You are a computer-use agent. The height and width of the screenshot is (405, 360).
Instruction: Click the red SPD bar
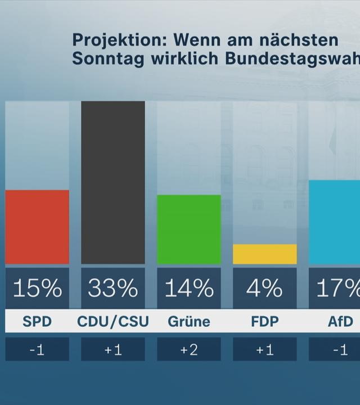point(37,227)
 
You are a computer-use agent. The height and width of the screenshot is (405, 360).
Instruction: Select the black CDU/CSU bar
point(113,182)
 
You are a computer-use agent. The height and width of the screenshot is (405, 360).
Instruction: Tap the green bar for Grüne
point(188,229)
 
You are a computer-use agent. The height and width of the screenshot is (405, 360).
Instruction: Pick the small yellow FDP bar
point(264,254)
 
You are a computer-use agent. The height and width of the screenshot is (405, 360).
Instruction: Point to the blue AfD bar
point(335,222)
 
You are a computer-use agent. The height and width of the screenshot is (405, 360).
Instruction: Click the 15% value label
point(37,289)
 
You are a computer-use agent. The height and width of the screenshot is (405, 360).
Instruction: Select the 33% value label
point(113,289)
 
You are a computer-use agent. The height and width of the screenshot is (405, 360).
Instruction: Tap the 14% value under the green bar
point(188,289)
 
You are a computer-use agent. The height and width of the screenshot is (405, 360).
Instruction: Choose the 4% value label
point(264,289)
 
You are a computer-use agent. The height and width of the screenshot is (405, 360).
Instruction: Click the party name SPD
point(37,322)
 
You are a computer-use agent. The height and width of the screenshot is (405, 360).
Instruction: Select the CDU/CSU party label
point(113,322)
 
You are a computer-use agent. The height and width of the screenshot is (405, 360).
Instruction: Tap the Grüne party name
point(188,322)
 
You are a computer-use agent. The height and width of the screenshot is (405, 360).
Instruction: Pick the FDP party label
point(264,322)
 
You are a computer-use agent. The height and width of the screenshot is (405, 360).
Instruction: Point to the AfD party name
point(340,322)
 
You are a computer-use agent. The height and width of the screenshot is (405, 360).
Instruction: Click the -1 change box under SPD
point(37,350)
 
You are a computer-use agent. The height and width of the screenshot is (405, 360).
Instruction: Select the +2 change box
point(188,350)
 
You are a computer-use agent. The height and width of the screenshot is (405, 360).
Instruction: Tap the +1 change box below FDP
point(264,350)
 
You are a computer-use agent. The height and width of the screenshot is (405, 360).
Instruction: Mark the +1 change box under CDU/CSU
point(113,350)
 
